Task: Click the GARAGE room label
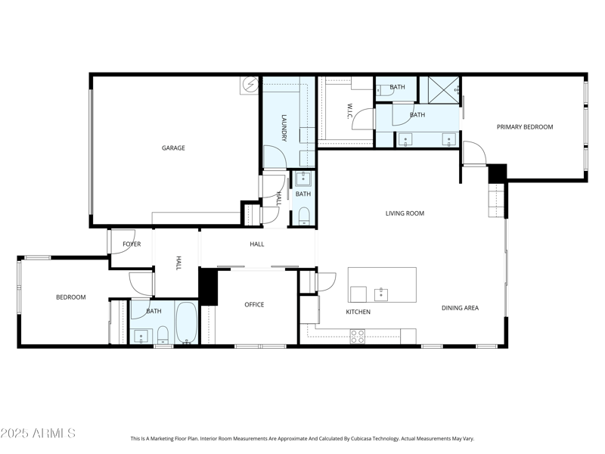(173, 148)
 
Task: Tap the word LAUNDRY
(284, 128)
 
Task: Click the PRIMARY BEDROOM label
(524, 127)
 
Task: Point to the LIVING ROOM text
(405, 213)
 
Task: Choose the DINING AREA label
(460, 308)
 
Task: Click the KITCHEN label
(358, 312)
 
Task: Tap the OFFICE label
(254, 305)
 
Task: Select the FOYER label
(132, 244)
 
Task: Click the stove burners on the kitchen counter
(357, 337)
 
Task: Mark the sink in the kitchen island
(382, 294)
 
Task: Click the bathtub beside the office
(187, 323)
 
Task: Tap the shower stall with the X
(439, 89)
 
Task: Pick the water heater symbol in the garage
(250, 84)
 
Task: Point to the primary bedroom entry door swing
(474, 152)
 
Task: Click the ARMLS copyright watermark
(38, 434)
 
